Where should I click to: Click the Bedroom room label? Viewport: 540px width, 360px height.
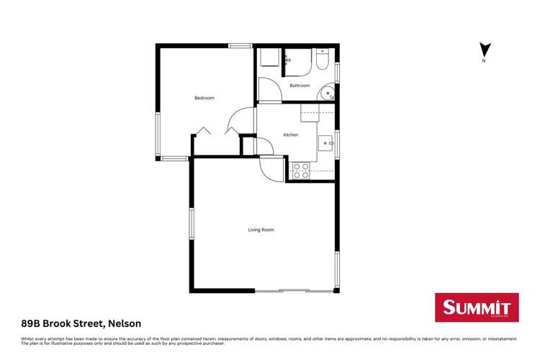pyautogui.click(x=204, y=98)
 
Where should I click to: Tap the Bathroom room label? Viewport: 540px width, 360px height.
pyautogui.click(x=300, y=86)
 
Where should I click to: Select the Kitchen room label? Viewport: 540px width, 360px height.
pyautogui.click(x=290, y=135)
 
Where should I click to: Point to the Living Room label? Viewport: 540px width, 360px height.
pyautogui.click(x=261, y=230)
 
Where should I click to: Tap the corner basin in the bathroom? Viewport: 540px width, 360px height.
pyautogui.click(x=328, y=92)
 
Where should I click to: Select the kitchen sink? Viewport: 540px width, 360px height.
pyautogui.click(x=325, y=142)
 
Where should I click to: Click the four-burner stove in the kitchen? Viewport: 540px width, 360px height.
pyautogui.click(x=301, y=171)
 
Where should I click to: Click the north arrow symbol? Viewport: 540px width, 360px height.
pyautogui.click(x=485, y=50)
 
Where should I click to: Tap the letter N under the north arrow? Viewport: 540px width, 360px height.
pyautogui.click(x=485, y=61)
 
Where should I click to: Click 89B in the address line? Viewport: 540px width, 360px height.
pyautogui.click(x=30, y=323)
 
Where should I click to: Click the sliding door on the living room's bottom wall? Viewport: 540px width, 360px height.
pyautogui.click(x=294, y=291)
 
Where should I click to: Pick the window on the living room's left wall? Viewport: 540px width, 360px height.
pyautogui.click(x=192, y=223)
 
